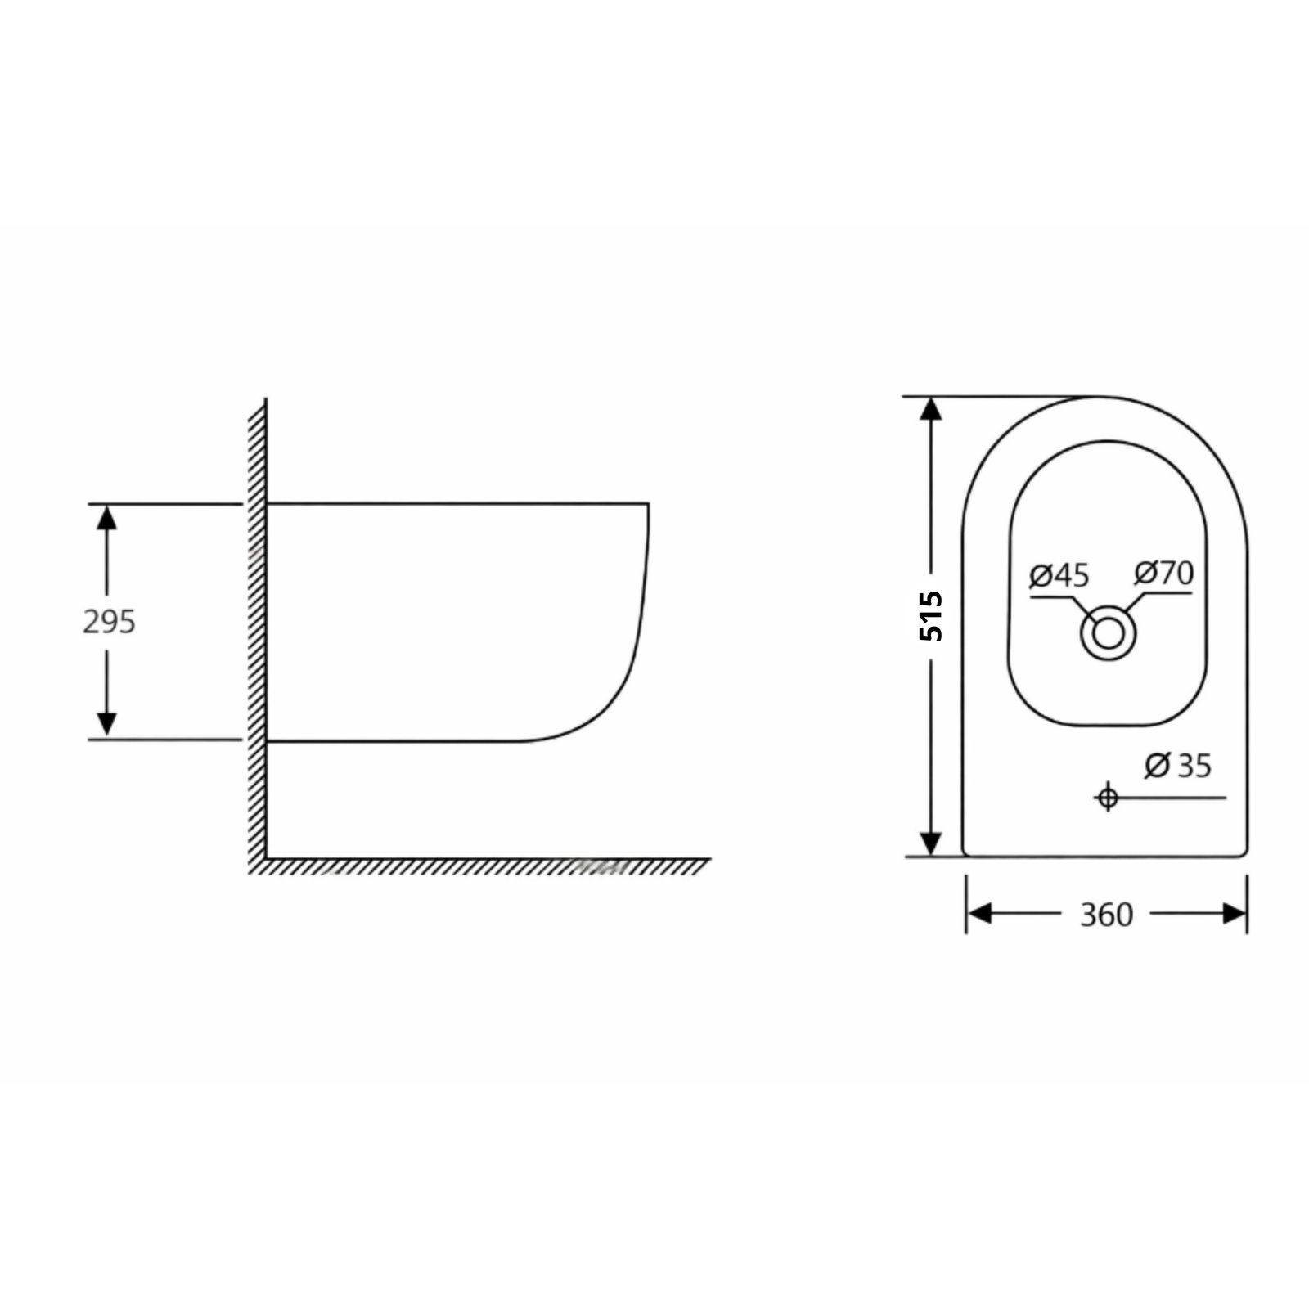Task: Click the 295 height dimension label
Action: click(109, 623)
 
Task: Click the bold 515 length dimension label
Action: click(931, 615)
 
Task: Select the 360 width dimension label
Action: click(1106, 915)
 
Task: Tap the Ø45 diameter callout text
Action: click(1059, 576)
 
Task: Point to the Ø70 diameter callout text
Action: click(1163, 573)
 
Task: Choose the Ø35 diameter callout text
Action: click(1178, 766)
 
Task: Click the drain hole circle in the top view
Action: click(1108, 633)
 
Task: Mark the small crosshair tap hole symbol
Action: click(1108, 797)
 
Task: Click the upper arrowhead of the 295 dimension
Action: click(107, 517)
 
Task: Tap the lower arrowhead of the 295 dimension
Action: click(107, 724)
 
